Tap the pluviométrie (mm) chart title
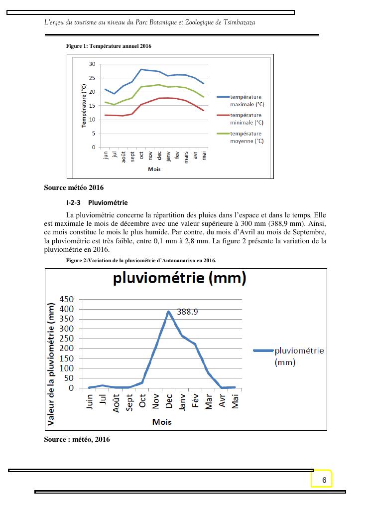click(x=180, y=278)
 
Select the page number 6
click(x=324, y=480)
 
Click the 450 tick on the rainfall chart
click(x=67, y=299)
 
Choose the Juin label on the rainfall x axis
click(x=90, y=402)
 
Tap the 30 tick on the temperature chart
click(x=92, y=64)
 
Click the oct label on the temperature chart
click(x=141, y=155)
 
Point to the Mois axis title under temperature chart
click(x=154, y=169)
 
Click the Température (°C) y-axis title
click(x=84, y=105)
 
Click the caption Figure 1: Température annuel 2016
click(x=109, y=46)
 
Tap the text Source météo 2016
click(x=74, y=188)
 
